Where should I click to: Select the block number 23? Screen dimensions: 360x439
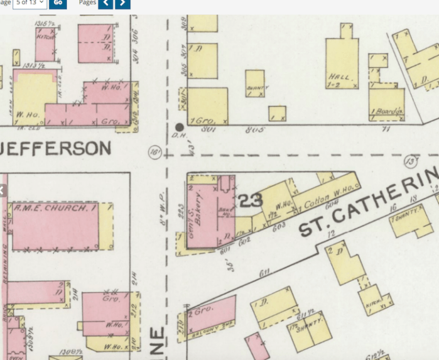[x=250, y=200]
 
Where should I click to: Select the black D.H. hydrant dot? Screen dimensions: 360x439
[x=180, y=127]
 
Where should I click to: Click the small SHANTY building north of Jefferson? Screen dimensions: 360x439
[x=255, y=82]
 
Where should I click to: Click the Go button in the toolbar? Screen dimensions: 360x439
[x=58, y=3]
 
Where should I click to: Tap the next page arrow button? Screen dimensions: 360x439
[x=122, y=4]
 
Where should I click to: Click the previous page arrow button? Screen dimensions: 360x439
[x=106, y=4]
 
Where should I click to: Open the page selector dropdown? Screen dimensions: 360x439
[x=29, y=3]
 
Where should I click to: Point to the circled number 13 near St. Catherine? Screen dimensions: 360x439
[x=411, y=161]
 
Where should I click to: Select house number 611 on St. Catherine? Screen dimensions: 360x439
[x=264, y=272]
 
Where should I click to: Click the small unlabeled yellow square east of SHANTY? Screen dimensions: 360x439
[x=277, y=113]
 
